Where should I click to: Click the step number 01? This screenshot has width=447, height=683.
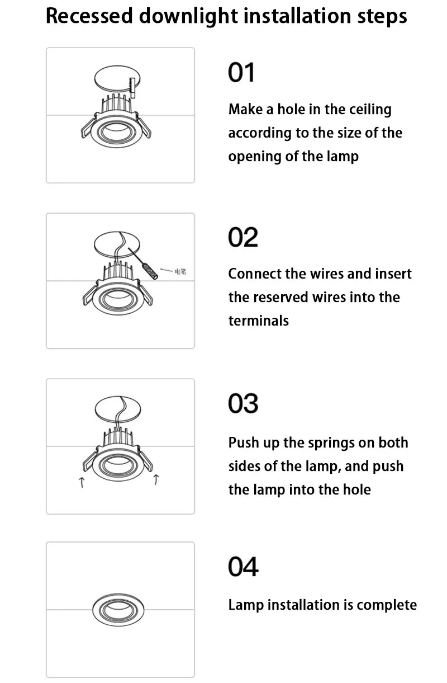241,73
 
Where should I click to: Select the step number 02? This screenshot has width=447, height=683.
243,237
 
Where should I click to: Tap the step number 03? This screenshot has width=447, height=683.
243,403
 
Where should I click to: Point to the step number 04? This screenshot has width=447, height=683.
243,567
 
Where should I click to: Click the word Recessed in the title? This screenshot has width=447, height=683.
89,16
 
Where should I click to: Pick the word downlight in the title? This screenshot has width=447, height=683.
188,17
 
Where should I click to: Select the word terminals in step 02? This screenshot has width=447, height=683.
259,321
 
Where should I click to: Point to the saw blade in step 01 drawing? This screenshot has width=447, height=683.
132,88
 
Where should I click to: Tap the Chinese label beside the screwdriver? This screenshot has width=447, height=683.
180,271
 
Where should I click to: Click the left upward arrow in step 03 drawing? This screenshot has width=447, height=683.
82,483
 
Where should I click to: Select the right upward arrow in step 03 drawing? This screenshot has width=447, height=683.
156,479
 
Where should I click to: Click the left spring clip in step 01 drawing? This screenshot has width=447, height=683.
88,128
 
